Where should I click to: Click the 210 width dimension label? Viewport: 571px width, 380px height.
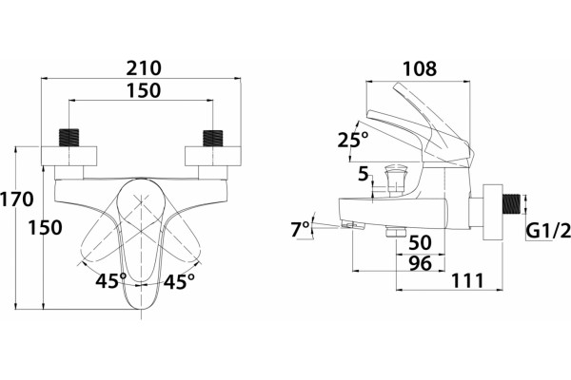(x=144, y=68)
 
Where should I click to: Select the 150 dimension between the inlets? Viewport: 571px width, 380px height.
(x=144, y=90)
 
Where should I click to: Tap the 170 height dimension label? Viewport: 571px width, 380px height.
(x=17, y=199)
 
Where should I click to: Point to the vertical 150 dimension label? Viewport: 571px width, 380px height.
(x=45, y=228)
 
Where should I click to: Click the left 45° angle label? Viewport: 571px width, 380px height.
(x=111, y=280)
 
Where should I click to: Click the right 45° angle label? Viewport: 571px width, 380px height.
(x=179, y=281)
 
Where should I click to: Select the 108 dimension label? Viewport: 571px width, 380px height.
(x=420, y=68)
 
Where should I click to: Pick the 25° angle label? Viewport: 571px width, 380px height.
(x=353, y=140)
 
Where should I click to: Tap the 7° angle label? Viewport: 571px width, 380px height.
(x=300, y=229)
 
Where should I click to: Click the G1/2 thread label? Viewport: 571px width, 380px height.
(x=549, y=231)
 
